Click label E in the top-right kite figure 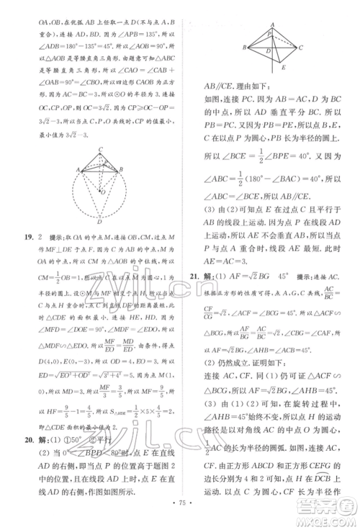point(284,68)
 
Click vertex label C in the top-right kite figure point(301,48)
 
